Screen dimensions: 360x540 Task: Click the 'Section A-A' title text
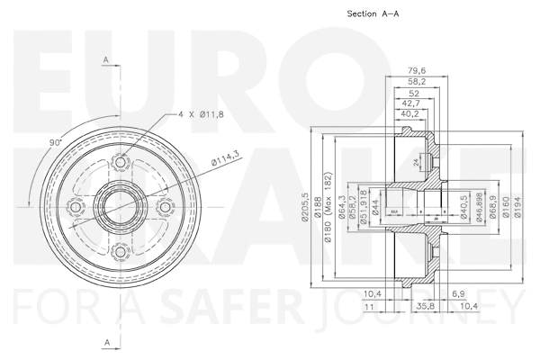(x=372, y=14)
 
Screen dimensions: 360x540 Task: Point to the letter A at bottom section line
(x=107, y=343)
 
